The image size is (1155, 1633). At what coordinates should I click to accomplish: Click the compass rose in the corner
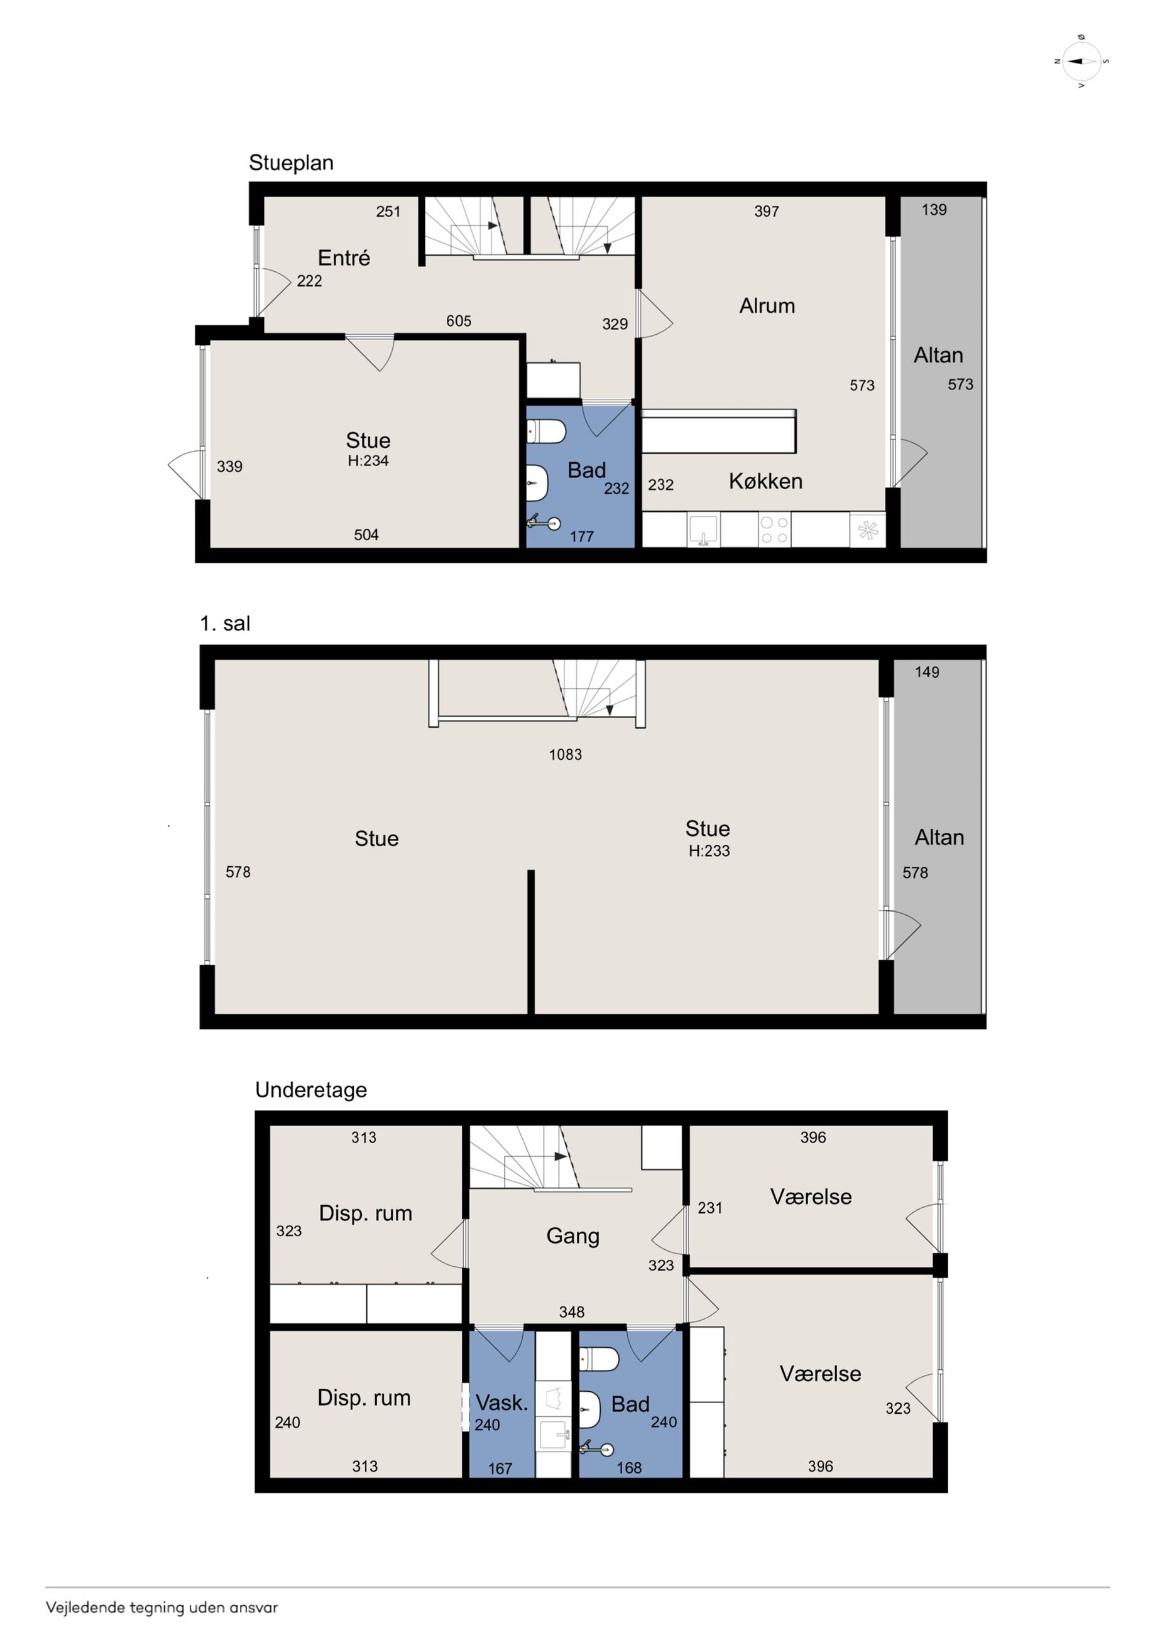click(1081, 61)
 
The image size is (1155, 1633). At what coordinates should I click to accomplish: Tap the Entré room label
click(344, 258)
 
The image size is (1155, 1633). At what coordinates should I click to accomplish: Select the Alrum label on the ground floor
click(767, 306)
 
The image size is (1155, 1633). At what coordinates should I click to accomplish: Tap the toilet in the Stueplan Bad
click(546, 431)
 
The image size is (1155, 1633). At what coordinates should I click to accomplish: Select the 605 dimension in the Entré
click(458, 321)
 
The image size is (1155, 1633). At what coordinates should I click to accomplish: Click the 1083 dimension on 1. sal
click(565, 754)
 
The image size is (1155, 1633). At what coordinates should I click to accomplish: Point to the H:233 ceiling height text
click(709, 850)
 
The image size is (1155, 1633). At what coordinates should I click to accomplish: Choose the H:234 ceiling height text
click(368, 461)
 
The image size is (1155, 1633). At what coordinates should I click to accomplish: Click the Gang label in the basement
click(573, 1236)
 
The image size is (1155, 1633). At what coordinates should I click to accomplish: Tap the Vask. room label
click(501, 1402)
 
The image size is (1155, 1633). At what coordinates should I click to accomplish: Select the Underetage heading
click(311, 1090)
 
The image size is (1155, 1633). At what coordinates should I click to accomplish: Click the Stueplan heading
click(291, 163)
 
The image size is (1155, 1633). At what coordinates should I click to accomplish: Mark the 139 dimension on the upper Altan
click(934, 210)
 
